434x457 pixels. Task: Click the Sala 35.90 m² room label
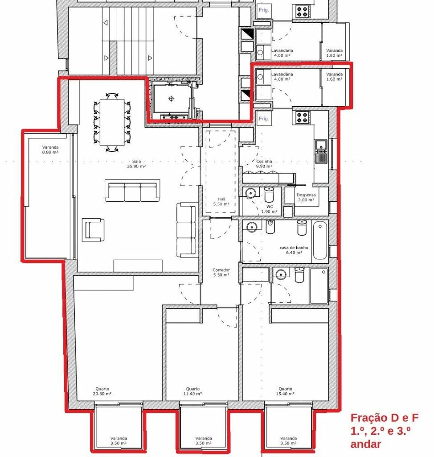[136, 164]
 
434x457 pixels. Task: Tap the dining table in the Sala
[112, 122]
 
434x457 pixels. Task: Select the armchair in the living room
[93, 230]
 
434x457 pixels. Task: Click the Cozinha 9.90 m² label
[264, 164]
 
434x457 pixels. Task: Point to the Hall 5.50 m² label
[221, 202]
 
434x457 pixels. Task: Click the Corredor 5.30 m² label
[221, 273]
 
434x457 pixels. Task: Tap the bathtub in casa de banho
[320, 241]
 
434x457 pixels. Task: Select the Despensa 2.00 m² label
[306, 198]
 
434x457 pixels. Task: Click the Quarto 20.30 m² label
[102, 391]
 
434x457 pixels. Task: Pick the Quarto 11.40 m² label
[192, 391]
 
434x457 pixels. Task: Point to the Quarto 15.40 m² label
[285, 391]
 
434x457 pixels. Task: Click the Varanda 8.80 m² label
[50, 150]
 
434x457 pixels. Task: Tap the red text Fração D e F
[385, 418]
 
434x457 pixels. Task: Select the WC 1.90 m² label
[269, 209]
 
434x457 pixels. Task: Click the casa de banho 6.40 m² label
[294, 250]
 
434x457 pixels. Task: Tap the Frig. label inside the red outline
[264, 119]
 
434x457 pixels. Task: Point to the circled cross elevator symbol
[171, 99]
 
